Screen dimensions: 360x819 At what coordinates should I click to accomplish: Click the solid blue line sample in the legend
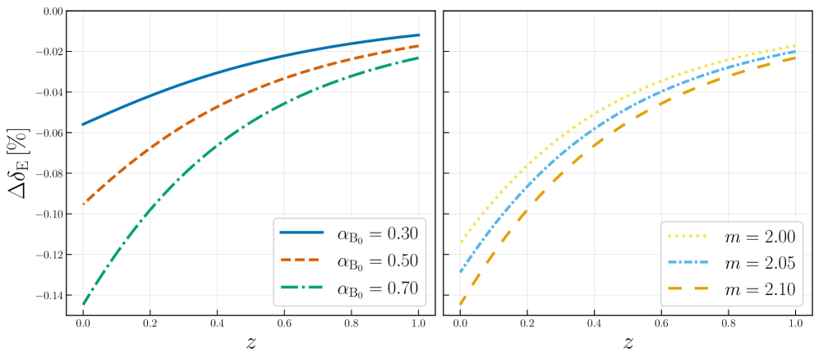(x=301, y=233)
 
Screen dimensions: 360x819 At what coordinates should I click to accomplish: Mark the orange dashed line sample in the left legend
(x=301, y=260)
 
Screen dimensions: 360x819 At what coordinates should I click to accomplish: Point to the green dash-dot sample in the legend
(x=301, y=287)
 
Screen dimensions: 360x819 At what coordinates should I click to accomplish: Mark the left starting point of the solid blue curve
(x=83, y=125)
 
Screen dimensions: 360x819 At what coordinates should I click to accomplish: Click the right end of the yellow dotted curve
(x=794, y=46)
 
